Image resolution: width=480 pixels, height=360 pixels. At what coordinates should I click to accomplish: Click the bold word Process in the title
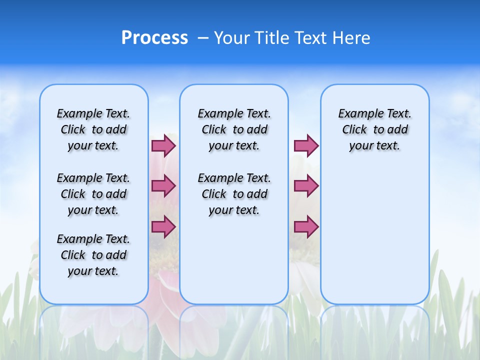tap(154, 38)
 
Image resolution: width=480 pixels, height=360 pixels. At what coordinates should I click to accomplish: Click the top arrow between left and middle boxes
tap(163, 145)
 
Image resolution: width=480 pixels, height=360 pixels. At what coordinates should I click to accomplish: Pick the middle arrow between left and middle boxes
tap(163, 186)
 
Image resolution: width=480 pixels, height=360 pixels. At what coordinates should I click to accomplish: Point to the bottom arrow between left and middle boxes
tap(163, 226)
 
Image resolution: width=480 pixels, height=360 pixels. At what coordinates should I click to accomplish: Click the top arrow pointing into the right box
tap(306, 145)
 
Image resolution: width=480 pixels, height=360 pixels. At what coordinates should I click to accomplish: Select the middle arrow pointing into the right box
tap(306, 186)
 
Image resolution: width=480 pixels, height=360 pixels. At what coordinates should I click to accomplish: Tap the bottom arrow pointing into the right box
tap(306, 226)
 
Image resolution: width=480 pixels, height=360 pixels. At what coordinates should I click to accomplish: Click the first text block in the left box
tap(93, 129)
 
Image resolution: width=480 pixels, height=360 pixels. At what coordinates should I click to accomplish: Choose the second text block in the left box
tap(93, 194)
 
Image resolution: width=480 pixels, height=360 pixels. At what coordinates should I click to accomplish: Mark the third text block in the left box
tap(93, 255)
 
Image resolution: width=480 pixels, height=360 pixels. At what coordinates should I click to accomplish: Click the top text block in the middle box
tap(234, 129)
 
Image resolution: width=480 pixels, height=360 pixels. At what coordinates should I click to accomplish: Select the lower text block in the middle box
tap(234, 194)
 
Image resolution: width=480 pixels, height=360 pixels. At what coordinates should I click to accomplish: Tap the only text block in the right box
tap(374, 129)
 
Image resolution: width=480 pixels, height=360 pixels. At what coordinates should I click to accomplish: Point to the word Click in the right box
tap(354, 130)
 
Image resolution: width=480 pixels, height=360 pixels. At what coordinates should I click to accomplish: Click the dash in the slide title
tap(203, 38)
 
